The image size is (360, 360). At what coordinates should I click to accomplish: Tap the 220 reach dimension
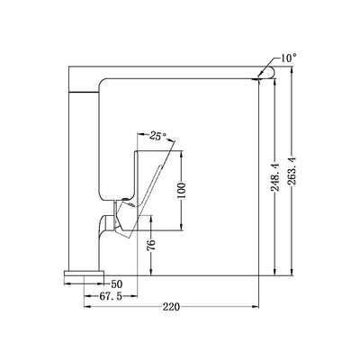click(x=170, y=307)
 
